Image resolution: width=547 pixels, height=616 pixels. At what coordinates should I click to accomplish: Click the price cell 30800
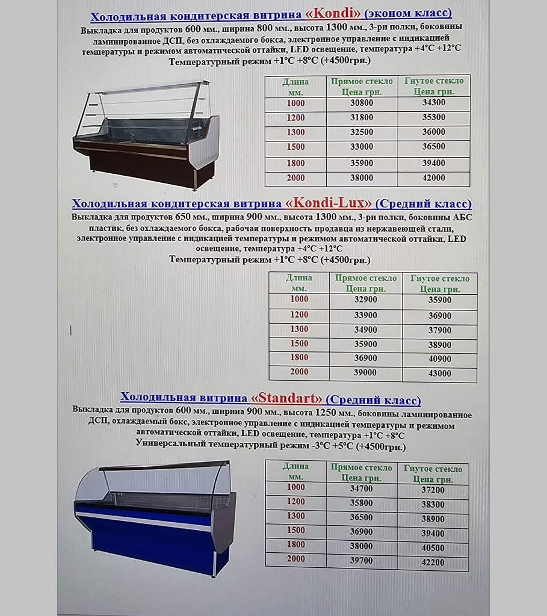(362, 103)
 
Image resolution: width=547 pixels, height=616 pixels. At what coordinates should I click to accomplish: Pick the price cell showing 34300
(433, 103)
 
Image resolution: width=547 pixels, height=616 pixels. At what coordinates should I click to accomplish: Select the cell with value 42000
(433, 178)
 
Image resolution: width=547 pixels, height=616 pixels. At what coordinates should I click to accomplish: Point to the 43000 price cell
(439, 373)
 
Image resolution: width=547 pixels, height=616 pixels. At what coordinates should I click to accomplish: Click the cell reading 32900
(365, 300)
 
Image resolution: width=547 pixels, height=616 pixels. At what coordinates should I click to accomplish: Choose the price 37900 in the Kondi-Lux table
(439, 330)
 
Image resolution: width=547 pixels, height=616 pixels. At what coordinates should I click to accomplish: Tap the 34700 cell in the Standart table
(361, 488)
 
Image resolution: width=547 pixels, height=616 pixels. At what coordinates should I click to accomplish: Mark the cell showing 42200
(433, 563)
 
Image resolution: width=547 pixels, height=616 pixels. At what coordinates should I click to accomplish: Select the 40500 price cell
(433, 548)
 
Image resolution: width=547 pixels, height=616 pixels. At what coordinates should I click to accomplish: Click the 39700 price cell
(361, 561)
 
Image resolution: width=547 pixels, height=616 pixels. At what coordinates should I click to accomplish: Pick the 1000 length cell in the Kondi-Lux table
(299, 299)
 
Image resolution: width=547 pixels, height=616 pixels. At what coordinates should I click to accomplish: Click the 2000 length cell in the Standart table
(295, 559)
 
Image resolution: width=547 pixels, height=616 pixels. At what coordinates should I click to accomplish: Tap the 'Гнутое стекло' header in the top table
(434, 86)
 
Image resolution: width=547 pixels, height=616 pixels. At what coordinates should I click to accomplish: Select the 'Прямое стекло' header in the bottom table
(361, 472)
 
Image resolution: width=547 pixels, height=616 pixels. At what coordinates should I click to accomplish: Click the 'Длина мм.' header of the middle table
(299, 283)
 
